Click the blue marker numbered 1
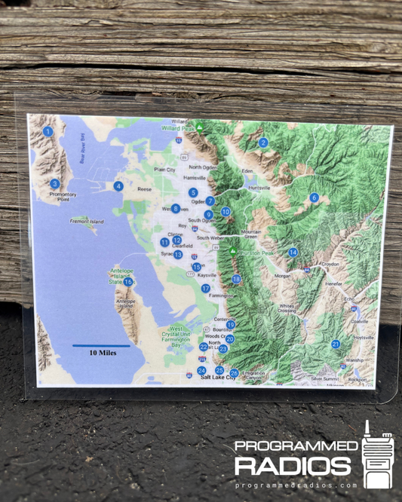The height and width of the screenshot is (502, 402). (x=48, y=131)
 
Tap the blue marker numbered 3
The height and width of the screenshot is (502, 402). (x=55, y=183)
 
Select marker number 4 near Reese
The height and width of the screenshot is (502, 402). (x=118, y=186)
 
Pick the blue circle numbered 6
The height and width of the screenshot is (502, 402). (x=314, y=197)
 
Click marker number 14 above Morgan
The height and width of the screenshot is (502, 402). (x=293, y=253)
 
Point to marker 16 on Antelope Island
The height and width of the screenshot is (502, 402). (x=128, y=282)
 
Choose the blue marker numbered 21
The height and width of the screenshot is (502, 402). (x=335, y=344)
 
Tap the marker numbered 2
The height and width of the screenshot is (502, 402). (x=263, y=142)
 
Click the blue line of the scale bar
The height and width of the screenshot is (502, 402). (x=101, y=345)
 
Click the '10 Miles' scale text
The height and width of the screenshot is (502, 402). (x=102, y=352)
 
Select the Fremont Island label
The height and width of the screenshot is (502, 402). (x=87, y=222)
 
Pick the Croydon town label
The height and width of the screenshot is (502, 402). (x=330, y=265)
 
